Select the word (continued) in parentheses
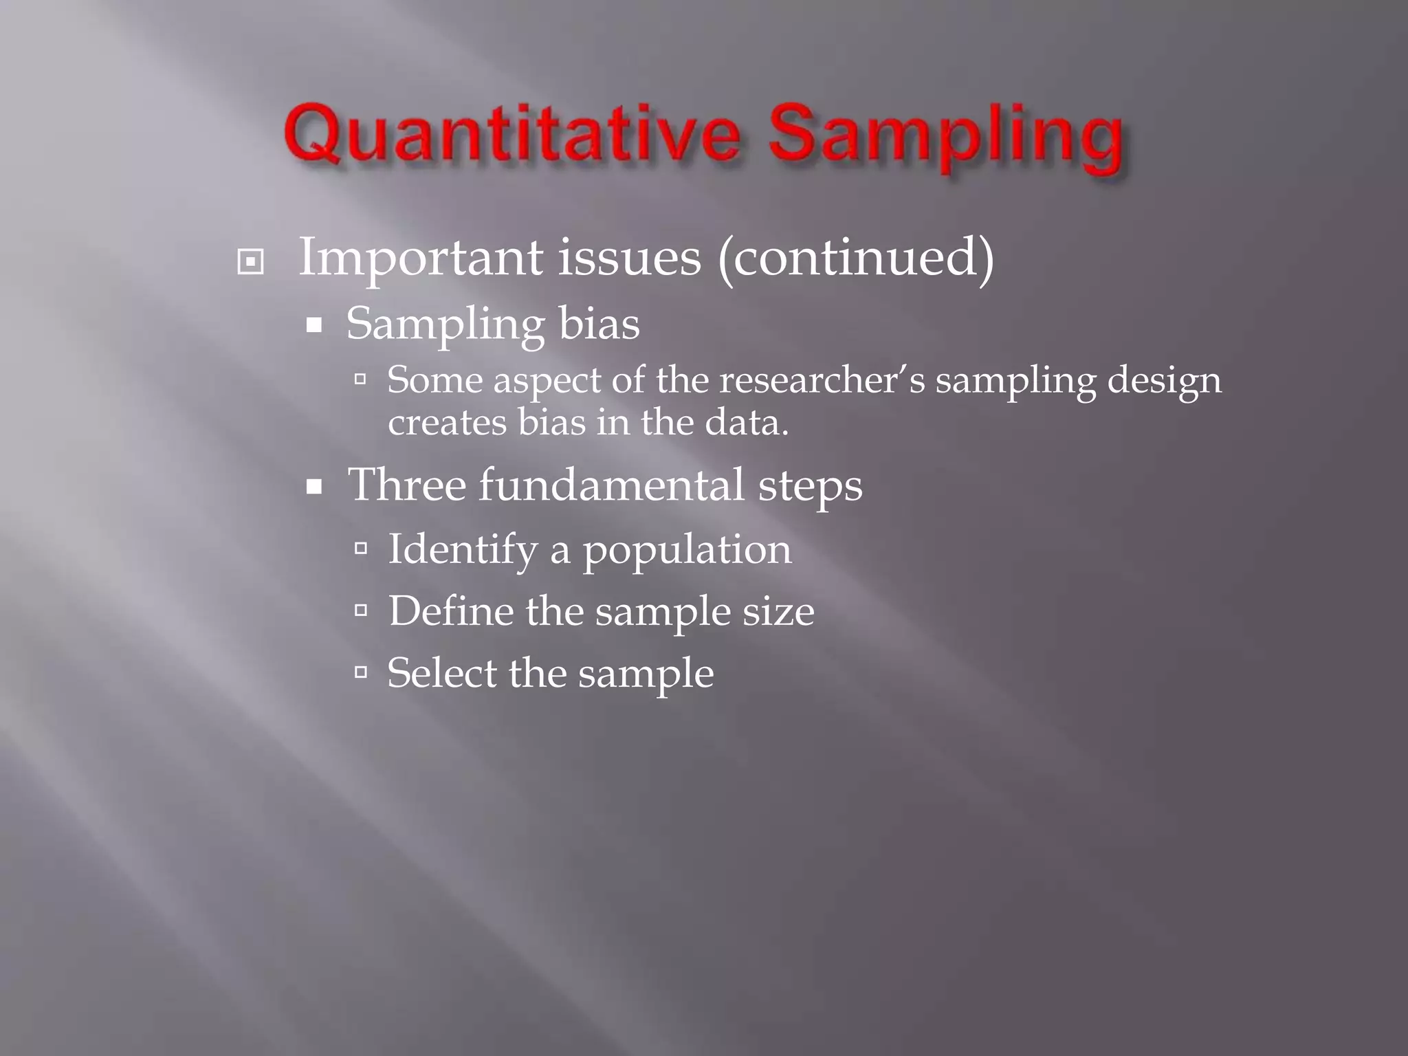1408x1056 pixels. click(x=855, y=258)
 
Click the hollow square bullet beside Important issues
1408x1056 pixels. click(x=250, y=262)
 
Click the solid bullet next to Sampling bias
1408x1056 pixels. click(x=314, y=325)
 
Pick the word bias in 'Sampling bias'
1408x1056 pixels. click(x=599, y=323)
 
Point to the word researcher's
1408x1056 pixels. click(x=822, y=380)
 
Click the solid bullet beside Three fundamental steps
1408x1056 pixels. click(x=314, y=487)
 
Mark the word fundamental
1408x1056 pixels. click(x=611, y=485)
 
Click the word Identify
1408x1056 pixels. click(x=462, y=550)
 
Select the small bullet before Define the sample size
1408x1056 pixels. click(x=361, y=609)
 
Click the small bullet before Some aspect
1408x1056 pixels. click(x=361, y=378)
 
